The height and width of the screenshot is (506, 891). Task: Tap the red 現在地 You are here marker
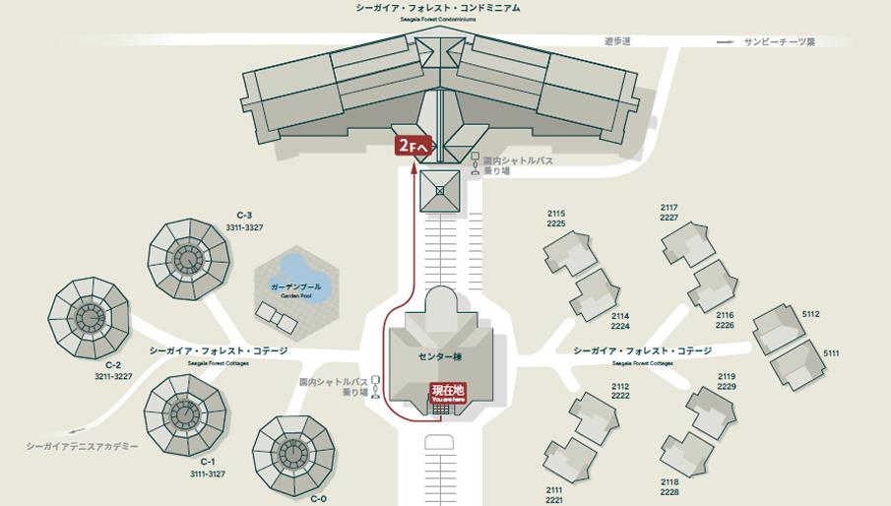click(x=446, y=392)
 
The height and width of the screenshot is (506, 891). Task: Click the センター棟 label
click(x=440, y=356)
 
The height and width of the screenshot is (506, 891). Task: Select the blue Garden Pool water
click(x=295, y=275)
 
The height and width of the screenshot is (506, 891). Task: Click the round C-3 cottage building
click(x=188, y=260)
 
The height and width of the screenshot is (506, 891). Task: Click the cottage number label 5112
click(x=811, y=314)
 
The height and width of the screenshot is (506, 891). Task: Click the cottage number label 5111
click(x=831, y=353)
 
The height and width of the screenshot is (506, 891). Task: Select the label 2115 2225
click(x=556, y=219)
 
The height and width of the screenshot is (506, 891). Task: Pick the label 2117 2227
click(x=669, y=213)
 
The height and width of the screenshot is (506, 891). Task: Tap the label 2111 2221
click(x=554, y=495)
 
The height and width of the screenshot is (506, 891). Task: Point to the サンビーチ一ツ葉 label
click(x=780, y=42)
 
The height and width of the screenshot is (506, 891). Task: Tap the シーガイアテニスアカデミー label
click(x=83, y=446)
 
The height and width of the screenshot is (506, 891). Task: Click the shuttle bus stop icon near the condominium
click(x=477, y=163)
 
